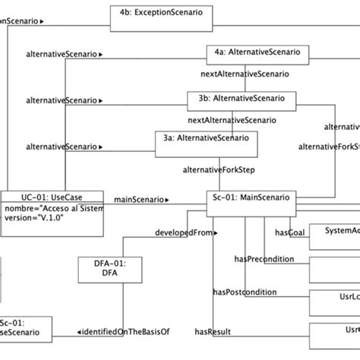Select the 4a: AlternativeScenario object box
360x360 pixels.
(x=257, y=54)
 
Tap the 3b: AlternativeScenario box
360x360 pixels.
(x=238, y=99)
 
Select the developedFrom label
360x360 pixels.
(x=182, y=232)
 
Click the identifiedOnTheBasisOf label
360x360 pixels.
(x=122, y=331)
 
